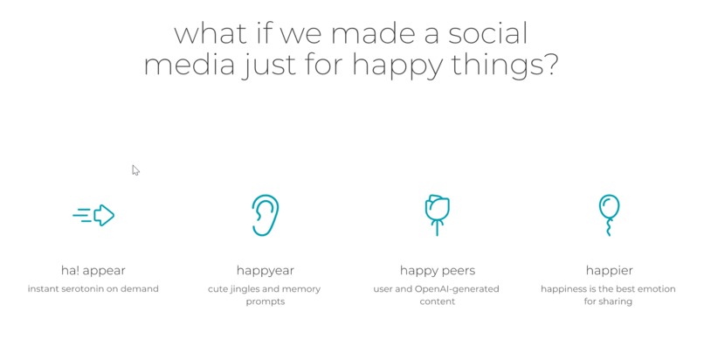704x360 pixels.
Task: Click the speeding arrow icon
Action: (x=94, y=215)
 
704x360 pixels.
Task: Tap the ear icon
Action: (x=265, y=215)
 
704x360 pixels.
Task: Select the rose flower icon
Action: (x=437, y=213)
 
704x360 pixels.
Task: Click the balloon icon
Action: (x=609, y=214)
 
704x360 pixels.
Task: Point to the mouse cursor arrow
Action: (x=135, y=170)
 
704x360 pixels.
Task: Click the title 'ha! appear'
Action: (x=93, y=270)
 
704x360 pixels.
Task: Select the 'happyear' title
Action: (x=265, y=270)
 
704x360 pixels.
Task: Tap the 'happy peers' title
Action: (x=437, y=270)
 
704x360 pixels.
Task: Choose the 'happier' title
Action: (x=609, y=270)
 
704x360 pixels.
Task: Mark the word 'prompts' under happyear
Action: (x=265, y=302)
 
